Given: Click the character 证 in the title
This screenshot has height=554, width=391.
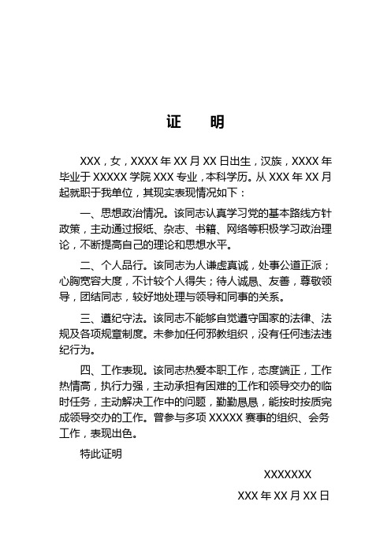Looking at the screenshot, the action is coord(173,123).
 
